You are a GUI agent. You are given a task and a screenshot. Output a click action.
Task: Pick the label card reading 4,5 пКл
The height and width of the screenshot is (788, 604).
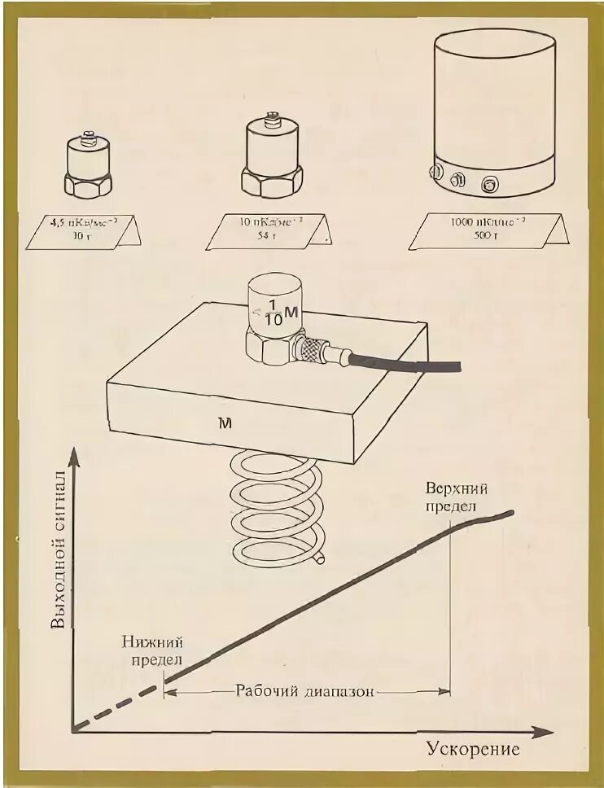click(83, 230)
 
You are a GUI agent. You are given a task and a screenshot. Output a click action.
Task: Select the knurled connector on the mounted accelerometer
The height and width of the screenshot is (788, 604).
click(314, 351)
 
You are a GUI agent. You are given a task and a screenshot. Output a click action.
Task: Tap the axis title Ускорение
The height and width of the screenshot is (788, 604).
click(472, 749)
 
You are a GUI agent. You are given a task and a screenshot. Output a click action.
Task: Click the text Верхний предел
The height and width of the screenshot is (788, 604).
click(457, 497)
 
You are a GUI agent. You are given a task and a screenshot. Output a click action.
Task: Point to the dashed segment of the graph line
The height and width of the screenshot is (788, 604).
click(118, 705)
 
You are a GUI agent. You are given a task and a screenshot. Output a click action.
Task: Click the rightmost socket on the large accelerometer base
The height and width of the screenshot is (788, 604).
click(489, 184)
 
